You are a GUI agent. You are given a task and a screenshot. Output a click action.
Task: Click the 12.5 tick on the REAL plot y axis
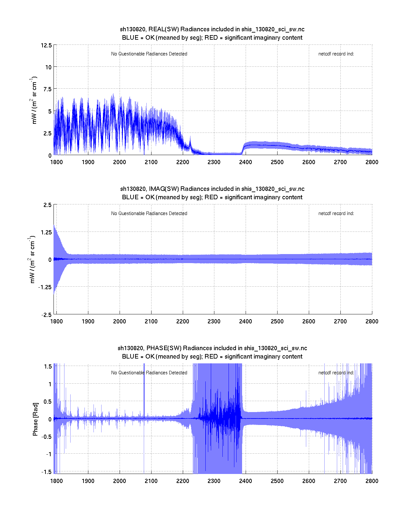click(46, 45)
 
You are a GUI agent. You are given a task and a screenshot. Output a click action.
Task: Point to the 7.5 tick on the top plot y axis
click(47, 89)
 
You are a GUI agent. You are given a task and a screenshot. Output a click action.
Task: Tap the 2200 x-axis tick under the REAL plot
click(182, 162)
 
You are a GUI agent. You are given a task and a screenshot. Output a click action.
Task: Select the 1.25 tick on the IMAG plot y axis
click(46, 232)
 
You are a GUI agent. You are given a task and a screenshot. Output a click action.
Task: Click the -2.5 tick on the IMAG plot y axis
click(46, 315)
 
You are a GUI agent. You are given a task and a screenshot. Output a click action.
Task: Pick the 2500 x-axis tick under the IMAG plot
click(277, 321)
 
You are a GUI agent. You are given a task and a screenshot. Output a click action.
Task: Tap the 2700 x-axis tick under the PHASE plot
click(340, 481)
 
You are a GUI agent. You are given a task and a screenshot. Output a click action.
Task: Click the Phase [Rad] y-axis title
click(35, 419)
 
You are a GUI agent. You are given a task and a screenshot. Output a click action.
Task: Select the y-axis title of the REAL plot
click(34, 100)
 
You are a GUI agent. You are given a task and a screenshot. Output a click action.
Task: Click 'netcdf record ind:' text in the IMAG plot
click(336, 213)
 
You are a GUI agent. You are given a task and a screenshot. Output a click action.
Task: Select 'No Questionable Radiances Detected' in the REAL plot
click(149, 54)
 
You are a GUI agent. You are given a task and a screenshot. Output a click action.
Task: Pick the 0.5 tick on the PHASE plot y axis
click(47, 402)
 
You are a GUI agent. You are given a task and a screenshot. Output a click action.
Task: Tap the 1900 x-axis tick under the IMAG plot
click(88, 321)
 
